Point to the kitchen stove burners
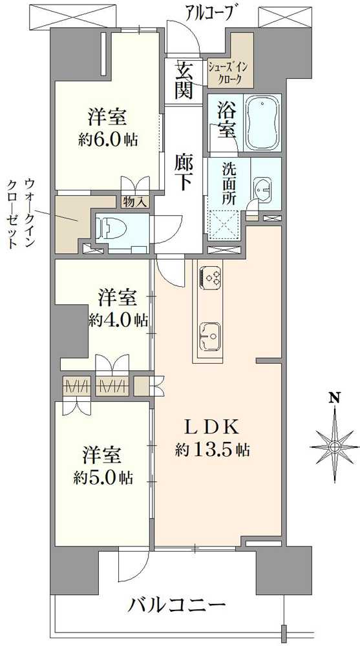pyautogui.click(x=210, y=276)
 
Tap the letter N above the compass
pyautogui.click(x=334, y=398)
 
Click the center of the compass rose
pyautogui.click(x=334, y=446)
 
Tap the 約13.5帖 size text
pyautogui.click(x=213, y=449)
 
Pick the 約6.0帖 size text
pyautogui.click(x=108, y=139)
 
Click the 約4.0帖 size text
pyautogui.click(x=118, y=320)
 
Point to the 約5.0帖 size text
pyautogui.click(x=103, y=478)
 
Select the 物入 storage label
pyautogui.click(x=134, y=202)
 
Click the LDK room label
pyautogui.click(x=213, y=426)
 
